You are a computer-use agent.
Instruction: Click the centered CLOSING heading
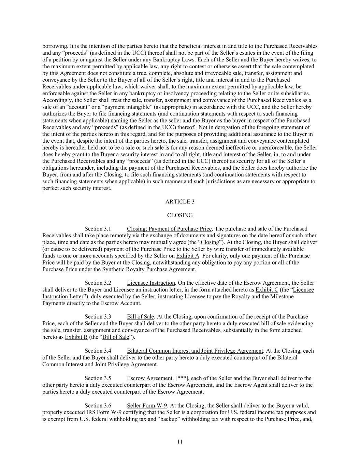180,215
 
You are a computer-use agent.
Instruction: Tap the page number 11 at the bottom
180,442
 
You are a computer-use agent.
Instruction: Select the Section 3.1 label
98,229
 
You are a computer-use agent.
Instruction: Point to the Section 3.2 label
98,283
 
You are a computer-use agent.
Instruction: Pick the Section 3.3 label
98,317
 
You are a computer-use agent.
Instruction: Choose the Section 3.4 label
98,351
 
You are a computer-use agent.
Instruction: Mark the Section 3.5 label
98,378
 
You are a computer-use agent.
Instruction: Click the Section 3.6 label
98,406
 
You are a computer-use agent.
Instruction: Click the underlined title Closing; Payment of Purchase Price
169,229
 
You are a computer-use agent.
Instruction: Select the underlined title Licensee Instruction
151,283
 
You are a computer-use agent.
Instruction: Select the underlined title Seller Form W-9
147,406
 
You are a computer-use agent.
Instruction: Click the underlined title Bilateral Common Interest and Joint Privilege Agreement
195,351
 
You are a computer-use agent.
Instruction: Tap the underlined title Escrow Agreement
149,378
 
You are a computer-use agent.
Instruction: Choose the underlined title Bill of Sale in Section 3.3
140,317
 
